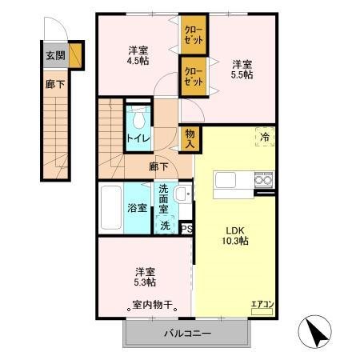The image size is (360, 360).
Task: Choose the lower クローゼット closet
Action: (191, 77)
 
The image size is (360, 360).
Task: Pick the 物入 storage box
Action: (190, 138)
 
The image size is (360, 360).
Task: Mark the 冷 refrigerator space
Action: (263, 138)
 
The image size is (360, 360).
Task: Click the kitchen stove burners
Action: (263, 182)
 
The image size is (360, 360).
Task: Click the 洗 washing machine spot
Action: (166, 226)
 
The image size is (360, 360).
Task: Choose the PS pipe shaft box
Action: (186, 228)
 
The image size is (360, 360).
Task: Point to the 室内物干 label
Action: (153, 304)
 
